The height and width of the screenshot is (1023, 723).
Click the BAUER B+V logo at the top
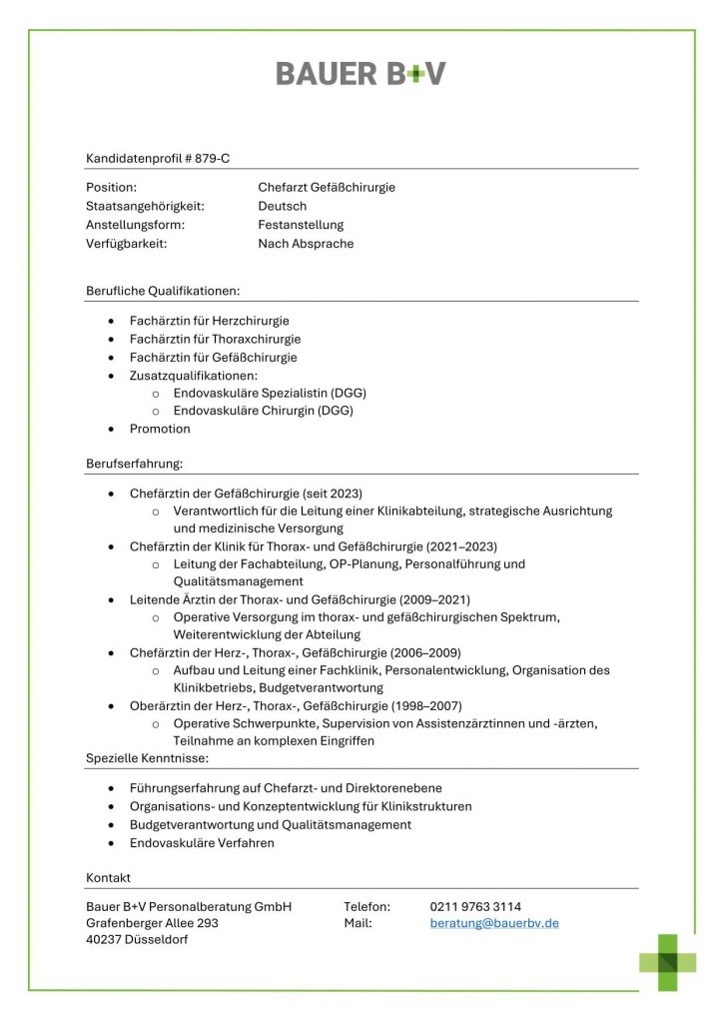tap(361, 74)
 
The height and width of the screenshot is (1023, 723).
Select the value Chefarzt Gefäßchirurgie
tap(327, 187)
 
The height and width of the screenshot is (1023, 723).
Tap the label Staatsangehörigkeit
tap(145, 206)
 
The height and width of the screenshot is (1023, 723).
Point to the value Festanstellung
tap(301, 225)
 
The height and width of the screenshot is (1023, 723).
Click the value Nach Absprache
tap(306, 243)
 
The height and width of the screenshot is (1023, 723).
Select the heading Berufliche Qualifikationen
tap(163, 291)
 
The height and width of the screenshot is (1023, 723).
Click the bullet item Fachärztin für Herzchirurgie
tap(210, 321)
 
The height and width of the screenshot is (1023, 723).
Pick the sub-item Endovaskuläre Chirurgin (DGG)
tap(263, 410)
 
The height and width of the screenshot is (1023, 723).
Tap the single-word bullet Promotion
tap(160, 429)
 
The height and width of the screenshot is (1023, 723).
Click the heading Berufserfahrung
tap(134, 464)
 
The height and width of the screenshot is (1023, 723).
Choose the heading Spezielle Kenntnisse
tap(141, 759)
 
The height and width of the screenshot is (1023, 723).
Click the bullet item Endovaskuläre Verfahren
tap(202, 843)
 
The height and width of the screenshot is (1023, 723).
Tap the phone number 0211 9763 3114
tap(475, 906)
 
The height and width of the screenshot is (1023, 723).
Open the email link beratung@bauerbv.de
tap(494, 923)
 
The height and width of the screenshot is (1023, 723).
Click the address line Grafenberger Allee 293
tap(152, 923)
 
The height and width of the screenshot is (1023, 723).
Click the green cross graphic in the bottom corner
tap(668, 962)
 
